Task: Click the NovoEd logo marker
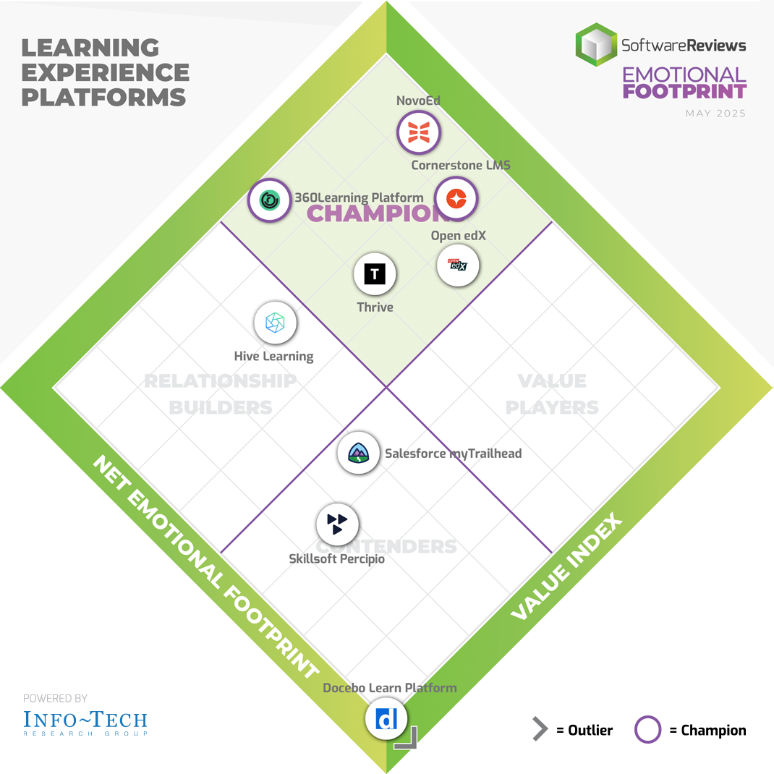click(x=419, y=132)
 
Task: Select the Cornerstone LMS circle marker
click(x=456, y=198)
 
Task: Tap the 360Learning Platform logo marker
click(x=270, y=199)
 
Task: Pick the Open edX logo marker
click(x=458, y=265)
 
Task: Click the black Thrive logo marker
click(x=375, y=274)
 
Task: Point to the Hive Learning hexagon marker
click(x=275, y=323)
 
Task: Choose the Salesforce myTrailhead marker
click(x=359, y=453)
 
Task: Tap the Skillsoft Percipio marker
click(x=338, y=524)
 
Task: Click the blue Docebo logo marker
click(x=386, y=719)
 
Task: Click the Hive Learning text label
click(x=273, y=356)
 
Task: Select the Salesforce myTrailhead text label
click(x=453, y=454)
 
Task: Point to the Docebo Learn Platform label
click(x=390, y=687)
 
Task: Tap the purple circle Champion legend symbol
click(x=647, y=730)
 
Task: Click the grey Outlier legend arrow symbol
click(x=540, y=730)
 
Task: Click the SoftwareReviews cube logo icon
click(x=596, y=45)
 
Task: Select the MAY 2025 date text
click(x=715, y=114)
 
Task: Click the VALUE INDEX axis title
click(x=566, y=568)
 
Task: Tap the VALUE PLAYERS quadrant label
click(x=552, y=394)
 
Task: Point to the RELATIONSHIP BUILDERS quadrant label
click(x=221, y=394)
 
